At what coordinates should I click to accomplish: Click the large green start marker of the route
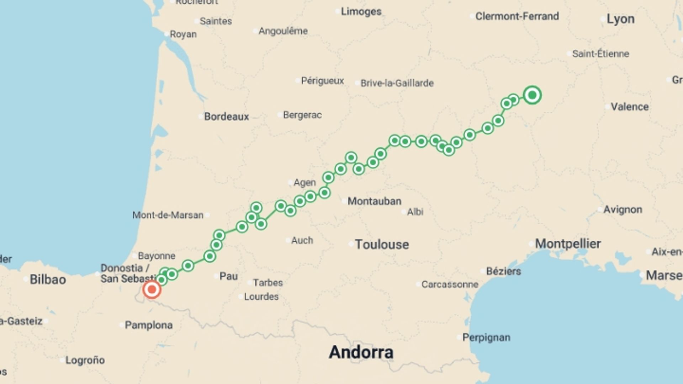click(532, 95)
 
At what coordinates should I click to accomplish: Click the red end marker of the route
click(152, 289)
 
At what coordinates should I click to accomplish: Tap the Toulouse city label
click(382, 244)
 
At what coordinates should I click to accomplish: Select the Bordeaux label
click(226, 116)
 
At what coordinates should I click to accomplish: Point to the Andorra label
click(361, 352)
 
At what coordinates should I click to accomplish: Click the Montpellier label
click(568, 244)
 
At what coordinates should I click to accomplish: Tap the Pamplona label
click(149, 325)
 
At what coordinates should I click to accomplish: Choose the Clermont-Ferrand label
click(517, 16)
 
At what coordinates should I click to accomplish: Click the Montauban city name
click(374, 201)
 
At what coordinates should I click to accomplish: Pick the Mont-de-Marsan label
click(168, 215)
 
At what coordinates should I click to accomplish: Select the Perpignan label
click(486, 337)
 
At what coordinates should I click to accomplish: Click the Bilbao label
click(48, 279)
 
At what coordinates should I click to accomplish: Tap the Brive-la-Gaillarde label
click(397, 83)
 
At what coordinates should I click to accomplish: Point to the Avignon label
click(623, 209)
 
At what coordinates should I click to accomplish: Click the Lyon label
click(620, 19)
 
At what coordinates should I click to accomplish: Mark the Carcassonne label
click(450, 284)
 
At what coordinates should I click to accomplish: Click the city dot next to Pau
click(216, 276)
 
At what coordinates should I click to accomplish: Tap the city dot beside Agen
click(290, 183)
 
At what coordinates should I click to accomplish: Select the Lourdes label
click(261, 297)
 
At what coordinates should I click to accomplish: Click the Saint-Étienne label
click(600, 54)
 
